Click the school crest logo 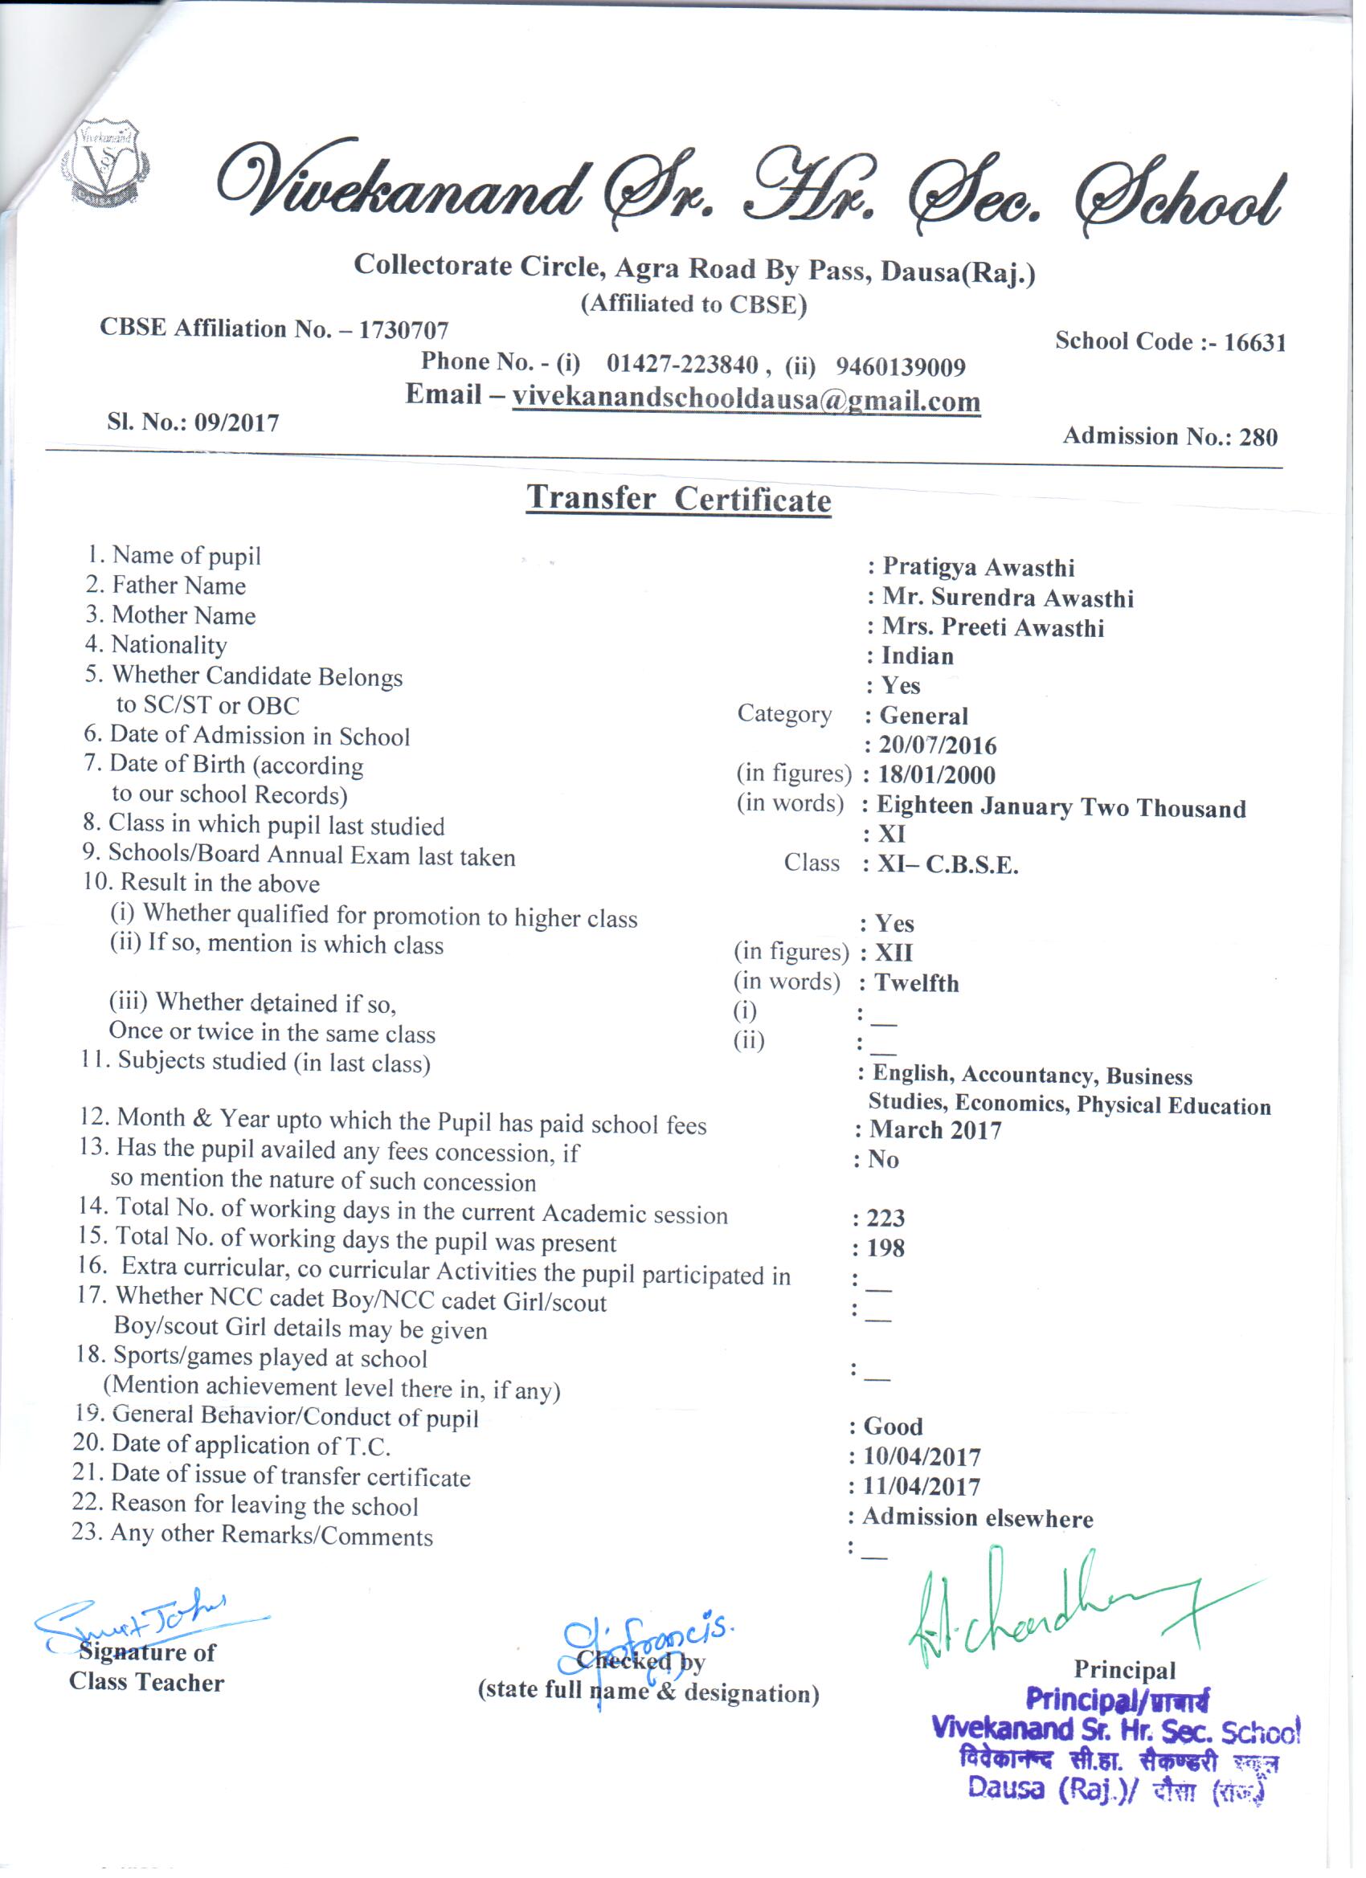point(105,162)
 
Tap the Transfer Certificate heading point(678,500)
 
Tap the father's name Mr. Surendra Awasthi point(1008,598)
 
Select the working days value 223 point(885,1218)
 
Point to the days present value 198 point(885,1248)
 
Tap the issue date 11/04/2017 point(921,1486)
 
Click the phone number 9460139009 point(901,366)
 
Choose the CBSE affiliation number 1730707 point(403,330)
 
